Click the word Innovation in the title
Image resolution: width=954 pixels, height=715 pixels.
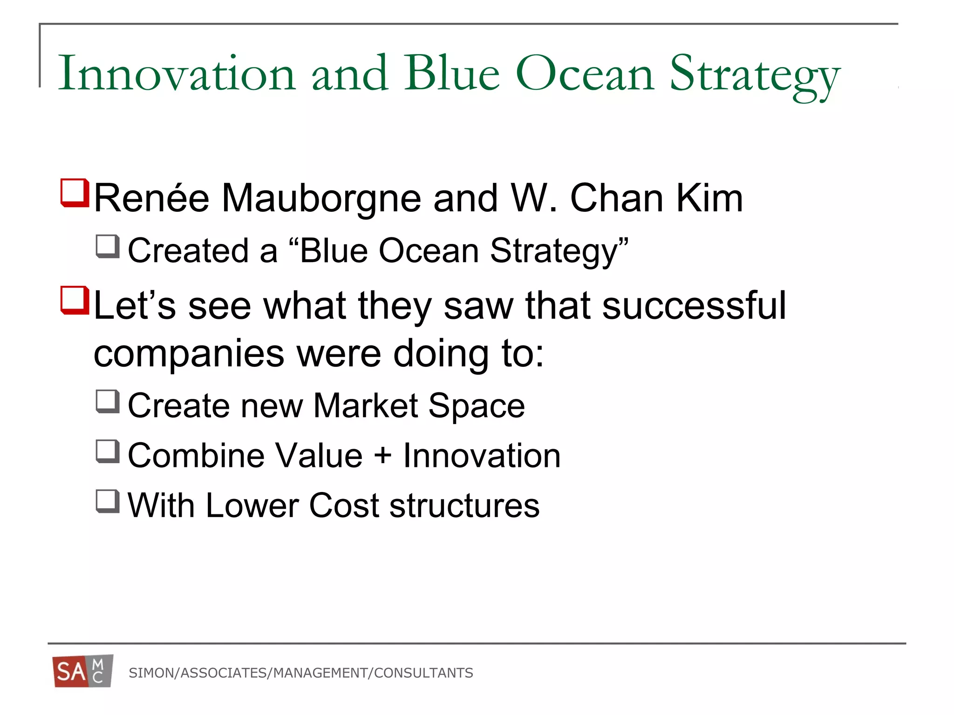click(177, 74)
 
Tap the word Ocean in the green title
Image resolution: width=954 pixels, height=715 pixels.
click(585, 74)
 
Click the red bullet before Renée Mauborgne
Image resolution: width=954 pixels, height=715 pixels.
click(75, 192)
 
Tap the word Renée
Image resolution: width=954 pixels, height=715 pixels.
click(151, 198)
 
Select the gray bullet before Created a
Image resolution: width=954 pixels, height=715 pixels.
click(108, 246)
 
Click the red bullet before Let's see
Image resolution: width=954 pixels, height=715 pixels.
click(75, 300)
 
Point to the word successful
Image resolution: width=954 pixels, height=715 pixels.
click(694, 306)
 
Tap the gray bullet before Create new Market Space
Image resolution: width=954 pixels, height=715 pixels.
click(108, 401)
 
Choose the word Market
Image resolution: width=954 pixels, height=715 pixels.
click(366, 406)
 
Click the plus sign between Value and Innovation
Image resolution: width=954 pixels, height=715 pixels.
click(383, 455)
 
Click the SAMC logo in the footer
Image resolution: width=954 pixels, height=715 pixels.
click(83, 671)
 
